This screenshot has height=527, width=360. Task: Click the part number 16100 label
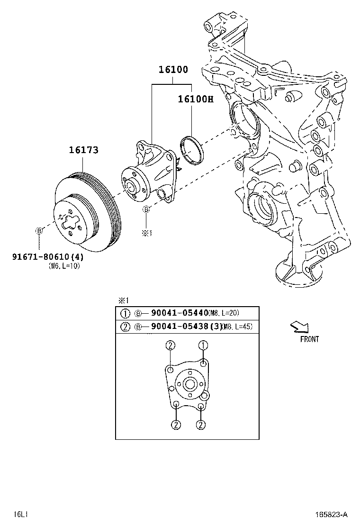click(x=173, y=70)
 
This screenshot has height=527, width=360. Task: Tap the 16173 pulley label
click(x=83, y=150)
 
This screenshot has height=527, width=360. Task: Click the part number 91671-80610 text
click(x=42, y=257)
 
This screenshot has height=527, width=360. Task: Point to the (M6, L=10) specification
click(x=64, y=266)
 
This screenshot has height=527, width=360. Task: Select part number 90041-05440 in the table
click(x=180, y=313)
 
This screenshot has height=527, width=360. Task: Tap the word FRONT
click(x=309, y=339)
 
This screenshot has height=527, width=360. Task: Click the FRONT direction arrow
click(x=299, y=326)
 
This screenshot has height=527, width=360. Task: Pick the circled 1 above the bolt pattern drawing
click(x=203, y=345)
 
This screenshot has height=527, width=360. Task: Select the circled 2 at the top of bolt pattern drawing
click(x=170, y=345)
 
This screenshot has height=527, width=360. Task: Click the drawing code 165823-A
click(x=332, y=514)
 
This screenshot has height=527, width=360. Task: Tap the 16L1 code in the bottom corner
click(x=19, y=514)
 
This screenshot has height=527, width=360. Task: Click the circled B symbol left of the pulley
click(x=39, y=231)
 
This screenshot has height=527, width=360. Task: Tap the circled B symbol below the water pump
click(x=147, y=209)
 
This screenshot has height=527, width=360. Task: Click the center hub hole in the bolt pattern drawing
click(x=189, y=383)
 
